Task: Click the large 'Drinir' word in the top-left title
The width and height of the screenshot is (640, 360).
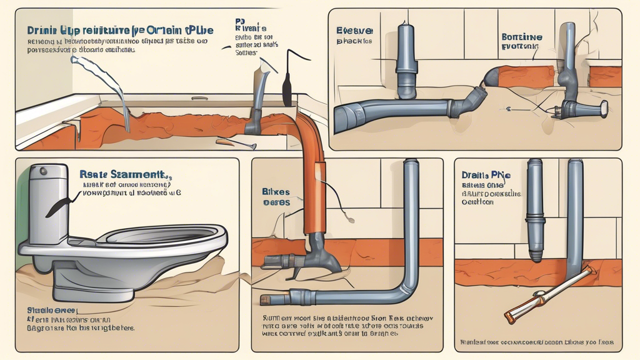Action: (x=43, y=30)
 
